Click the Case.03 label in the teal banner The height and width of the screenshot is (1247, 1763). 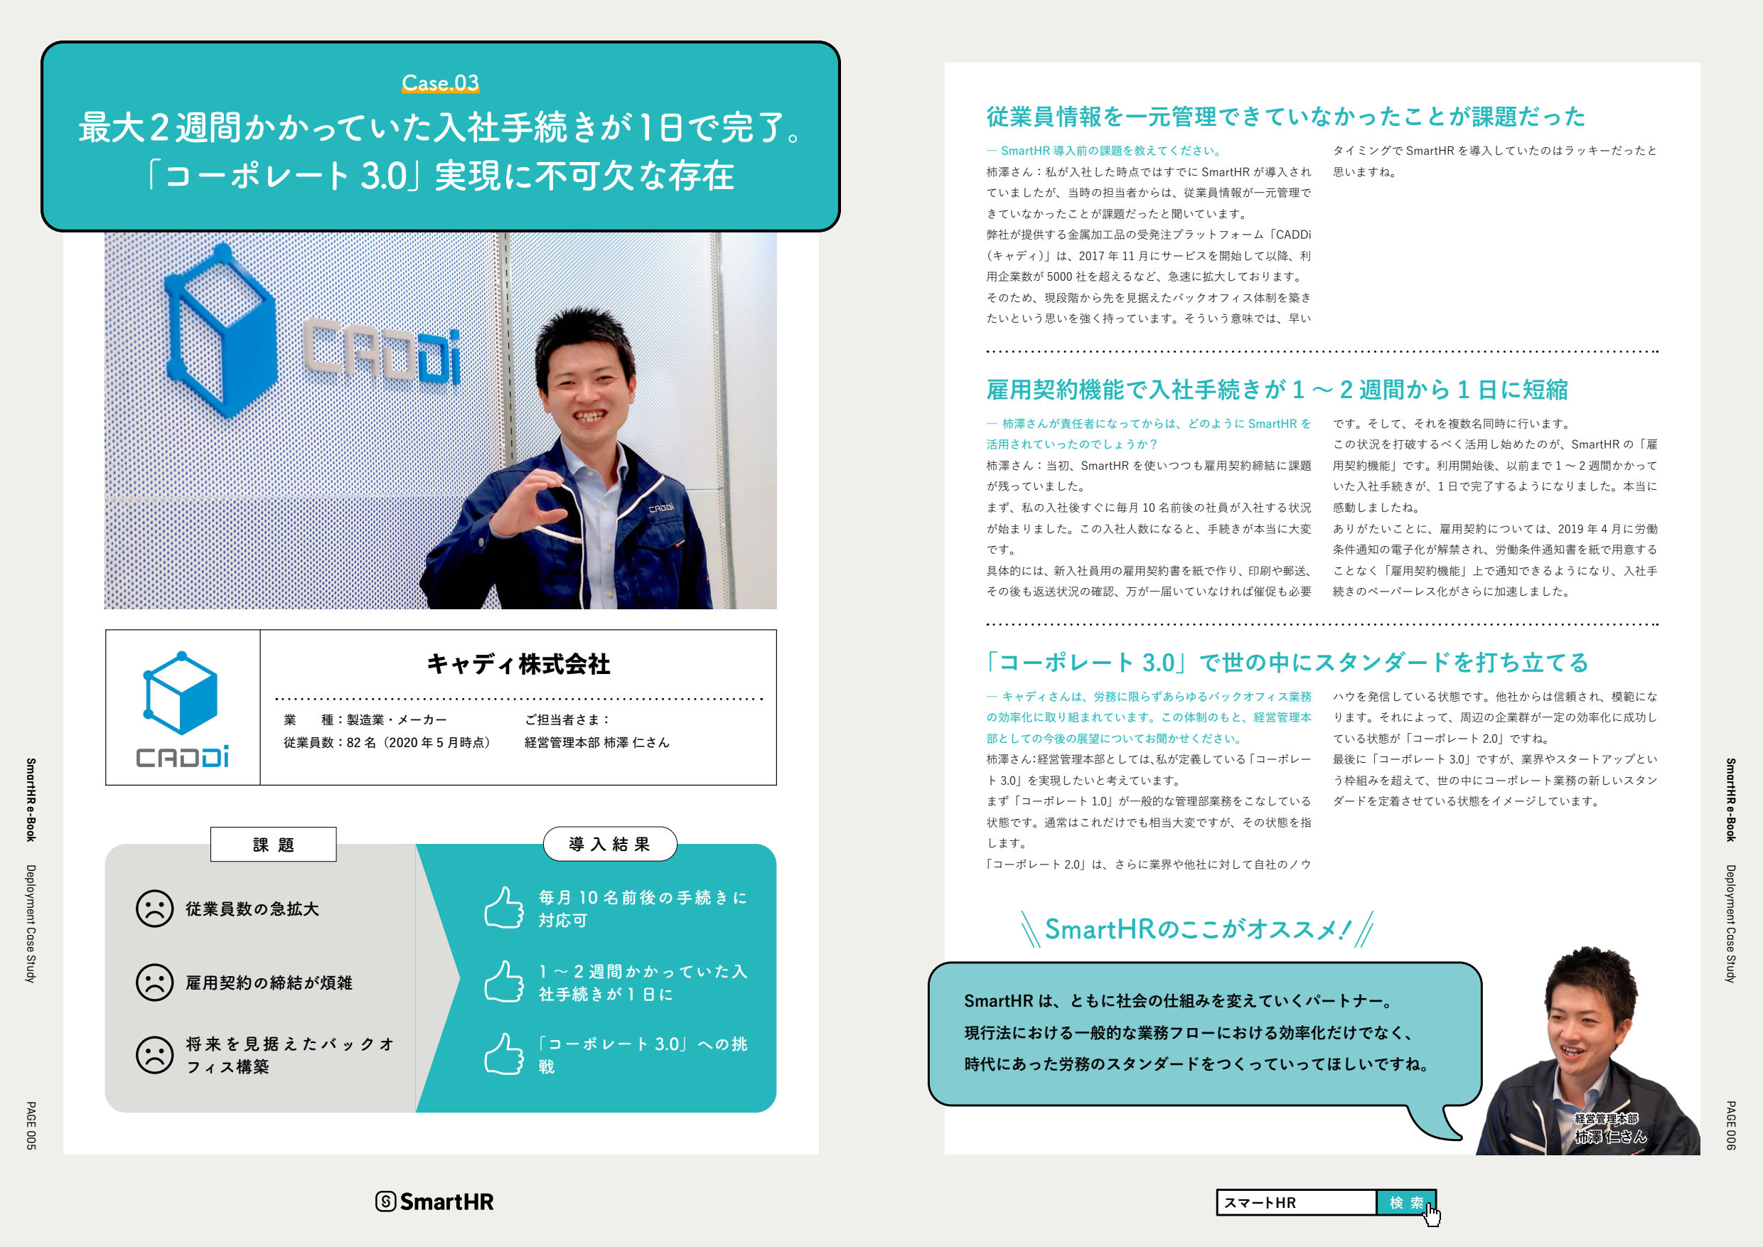coord(440,83)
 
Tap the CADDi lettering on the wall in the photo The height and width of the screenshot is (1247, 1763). coord(382,351)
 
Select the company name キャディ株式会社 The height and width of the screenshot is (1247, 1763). coord(518,664)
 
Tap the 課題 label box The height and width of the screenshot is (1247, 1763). coord(274,845)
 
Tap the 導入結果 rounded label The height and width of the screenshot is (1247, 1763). coord(610,844)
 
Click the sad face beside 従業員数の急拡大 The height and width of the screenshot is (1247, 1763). coord(154,909)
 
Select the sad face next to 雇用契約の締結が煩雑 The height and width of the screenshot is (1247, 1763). coord(154,982)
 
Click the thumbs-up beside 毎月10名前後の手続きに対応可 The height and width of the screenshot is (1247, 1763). coord(504,908)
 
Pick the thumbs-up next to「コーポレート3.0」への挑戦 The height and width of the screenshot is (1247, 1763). coord(504,1054)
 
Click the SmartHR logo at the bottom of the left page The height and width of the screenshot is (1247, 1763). coord(434,1201)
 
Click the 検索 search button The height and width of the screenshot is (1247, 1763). coord(1406,1202)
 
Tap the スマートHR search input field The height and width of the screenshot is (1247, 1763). coord(1297,1202)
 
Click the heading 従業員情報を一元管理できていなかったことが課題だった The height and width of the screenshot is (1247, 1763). coord(1286,117)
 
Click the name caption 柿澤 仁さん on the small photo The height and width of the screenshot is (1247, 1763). coord(1610,1136)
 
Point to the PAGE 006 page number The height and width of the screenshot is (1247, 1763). coord(1731,1125)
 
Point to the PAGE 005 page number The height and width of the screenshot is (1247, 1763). coord(31,1125)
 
